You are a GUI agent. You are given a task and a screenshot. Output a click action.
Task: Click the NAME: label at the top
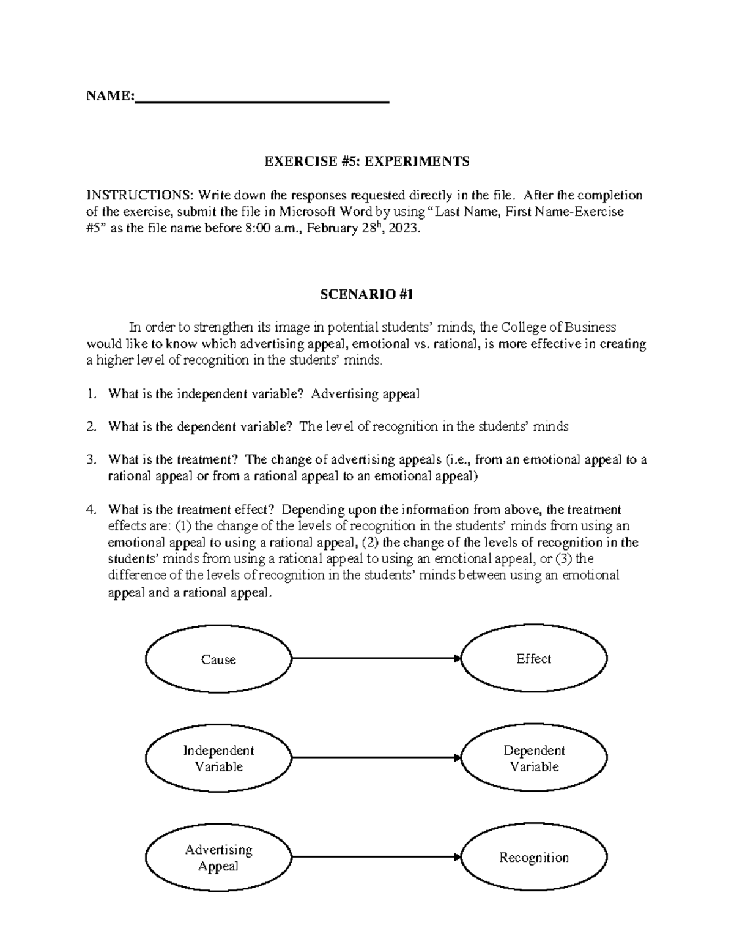coord(109,96)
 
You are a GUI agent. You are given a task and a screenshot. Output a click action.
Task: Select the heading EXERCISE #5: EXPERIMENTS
coord(366,161)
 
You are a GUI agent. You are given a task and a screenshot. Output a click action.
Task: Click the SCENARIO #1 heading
coord(367,294)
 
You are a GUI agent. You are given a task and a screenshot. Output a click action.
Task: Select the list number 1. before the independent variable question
coord(92,394)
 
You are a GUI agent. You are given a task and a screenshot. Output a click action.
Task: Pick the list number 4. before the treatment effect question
coord(92,510)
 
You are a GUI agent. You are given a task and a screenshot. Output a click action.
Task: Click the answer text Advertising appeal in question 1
coord(365,394)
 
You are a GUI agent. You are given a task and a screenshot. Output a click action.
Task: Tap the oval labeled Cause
coord(218,659)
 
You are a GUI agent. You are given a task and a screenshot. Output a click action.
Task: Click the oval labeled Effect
coord(534,659)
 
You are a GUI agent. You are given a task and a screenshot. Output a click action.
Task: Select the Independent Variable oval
coord(218,758)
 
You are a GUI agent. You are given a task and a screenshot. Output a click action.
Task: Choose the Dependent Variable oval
coord(534,758)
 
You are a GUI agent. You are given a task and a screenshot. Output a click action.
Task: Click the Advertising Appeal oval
coord(218,858)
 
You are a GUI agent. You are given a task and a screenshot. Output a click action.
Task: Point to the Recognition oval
coord(534,858)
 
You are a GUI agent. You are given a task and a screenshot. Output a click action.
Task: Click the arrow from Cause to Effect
coord(376,658)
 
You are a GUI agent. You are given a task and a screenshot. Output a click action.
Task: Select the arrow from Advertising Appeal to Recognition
coord(376,857)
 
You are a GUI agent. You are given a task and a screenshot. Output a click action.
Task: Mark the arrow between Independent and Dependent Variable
coord(376,758)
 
